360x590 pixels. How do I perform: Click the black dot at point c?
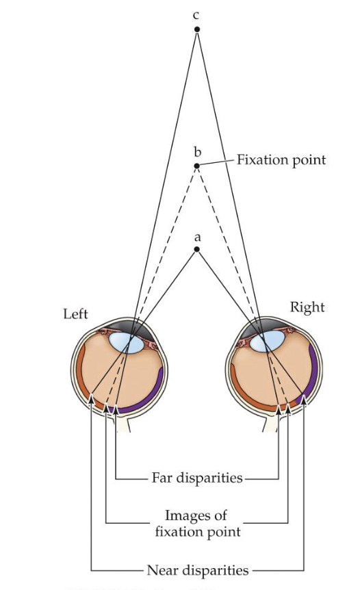point(197,29)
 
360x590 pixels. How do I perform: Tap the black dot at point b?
point(197,166)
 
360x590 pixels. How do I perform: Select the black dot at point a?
point(197,250)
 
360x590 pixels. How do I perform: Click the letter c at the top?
point(197,14)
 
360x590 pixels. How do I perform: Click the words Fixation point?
point(281,160)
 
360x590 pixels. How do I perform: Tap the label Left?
point(75,315)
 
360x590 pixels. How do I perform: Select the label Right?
point(307,307)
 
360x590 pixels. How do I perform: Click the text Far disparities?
point(197,478)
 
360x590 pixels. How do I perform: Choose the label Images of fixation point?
point(196,522)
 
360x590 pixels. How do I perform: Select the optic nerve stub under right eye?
point(271,424)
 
